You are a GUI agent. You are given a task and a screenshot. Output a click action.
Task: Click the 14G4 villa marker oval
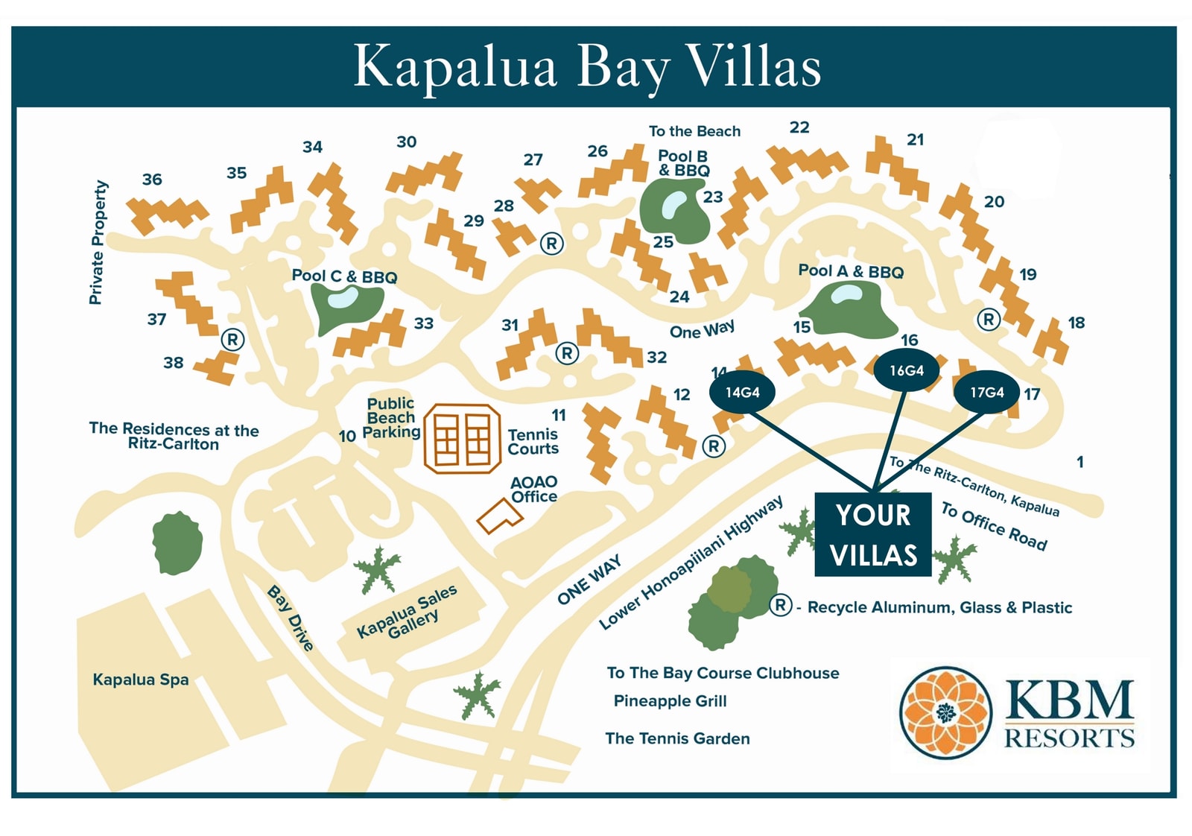742,393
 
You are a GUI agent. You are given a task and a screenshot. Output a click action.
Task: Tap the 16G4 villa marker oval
906,370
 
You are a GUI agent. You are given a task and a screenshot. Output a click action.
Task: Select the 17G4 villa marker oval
986,393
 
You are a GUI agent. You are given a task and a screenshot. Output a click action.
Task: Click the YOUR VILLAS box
873,535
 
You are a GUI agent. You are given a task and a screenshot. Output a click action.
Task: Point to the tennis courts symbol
462,439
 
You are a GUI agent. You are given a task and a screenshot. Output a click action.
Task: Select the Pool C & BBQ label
344,276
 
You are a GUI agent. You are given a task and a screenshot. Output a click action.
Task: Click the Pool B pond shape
675,211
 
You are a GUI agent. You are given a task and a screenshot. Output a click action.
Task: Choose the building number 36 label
152,180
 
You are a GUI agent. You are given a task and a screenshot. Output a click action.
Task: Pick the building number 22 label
799,127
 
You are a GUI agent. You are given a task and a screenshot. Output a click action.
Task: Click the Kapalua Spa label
141,680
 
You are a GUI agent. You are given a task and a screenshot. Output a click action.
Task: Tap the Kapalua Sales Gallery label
408,613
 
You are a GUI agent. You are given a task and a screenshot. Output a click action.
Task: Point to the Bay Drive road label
291,618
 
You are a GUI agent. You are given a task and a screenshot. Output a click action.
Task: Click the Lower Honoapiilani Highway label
691,563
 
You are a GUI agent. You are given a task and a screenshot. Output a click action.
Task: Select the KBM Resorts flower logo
945,712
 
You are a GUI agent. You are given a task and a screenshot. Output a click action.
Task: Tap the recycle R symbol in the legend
780,605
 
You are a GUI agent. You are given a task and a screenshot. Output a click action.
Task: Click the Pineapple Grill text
670,701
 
